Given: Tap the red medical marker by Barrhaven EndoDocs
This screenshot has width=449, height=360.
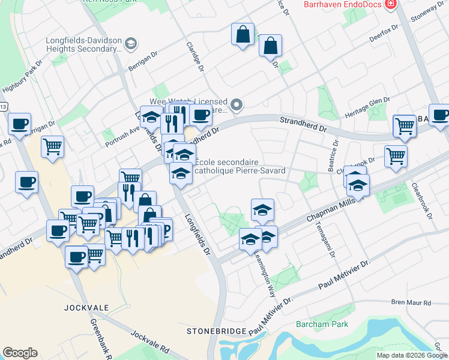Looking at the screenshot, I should point(391,4).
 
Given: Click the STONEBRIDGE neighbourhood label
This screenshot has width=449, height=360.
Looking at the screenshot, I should point(216,331).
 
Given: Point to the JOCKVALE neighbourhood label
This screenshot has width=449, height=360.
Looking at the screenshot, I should point(86,308).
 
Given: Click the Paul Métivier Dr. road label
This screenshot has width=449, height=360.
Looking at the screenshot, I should point(345,274).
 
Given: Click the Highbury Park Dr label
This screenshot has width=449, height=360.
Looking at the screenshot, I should point(22,74).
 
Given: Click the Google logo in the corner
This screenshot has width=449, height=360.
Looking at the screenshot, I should point(20,353).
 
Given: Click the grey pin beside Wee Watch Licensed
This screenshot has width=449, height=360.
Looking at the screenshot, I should point(237,106).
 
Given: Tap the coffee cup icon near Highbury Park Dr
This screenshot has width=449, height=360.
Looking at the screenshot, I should point(20,124).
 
